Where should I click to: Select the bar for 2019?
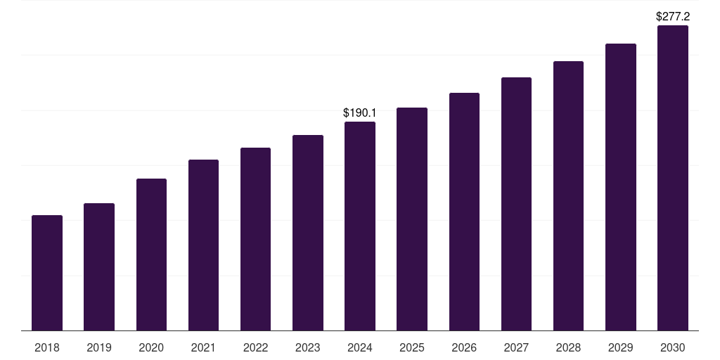click(99, 267)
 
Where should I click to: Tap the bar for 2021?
click(203, 245)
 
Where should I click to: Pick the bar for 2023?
click(308, 233)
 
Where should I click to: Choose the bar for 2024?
click(360, 226)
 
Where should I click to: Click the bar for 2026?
click(464, 212)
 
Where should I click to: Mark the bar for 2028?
click(568, 196)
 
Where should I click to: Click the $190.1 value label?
click(360, 112)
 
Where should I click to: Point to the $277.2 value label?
click(672, 15)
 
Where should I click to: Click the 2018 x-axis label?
click(47, 347)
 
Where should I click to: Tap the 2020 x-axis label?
click(151, 347)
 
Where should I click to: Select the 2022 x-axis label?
click(255, 347)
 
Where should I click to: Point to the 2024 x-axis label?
click(360, 347)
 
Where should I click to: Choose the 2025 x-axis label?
click(412, 347)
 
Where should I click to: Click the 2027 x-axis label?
click(516, 347)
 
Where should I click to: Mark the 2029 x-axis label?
click(620, 347)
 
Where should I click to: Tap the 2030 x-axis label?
click(672, 347)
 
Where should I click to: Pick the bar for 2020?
click(151, 255)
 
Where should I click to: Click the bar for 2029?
click(620, 187)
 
